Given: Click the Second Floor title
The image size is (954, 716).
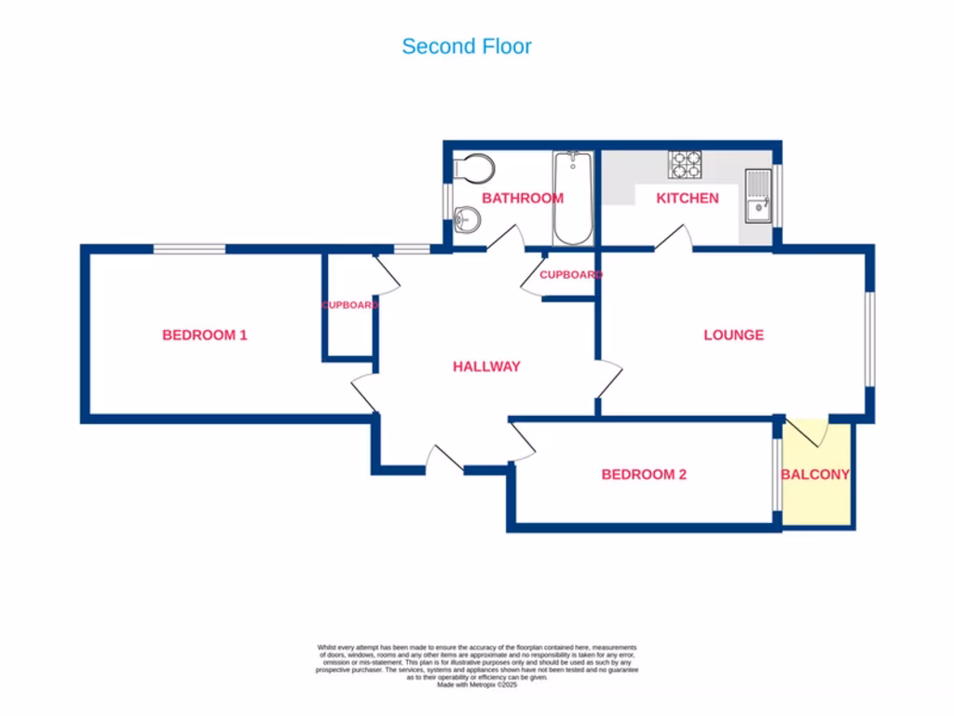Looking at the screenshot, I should tap(467, 46).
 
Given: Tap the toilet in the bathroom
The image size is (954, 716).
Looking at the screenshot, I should tap(474, 169).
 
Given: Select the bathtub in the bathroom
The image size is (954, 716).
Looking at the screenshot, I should tap(573, 197).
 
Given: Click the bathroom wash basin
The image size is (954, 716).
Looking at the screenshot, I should tap(468, 221).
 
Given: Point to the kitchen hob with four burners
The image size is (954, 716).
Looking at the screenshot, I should tap(686, 164).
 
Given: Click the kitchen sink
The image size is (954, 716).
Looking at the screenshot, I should tap(758, 196).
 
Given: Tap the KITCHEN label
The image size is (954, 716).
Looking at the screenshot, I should tap(688, 198).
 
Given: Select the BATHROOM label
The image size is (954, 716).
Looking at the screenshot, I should tap(522, 198).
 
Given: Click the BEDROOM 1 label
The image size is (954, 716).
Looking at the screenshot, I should tap(204, 335).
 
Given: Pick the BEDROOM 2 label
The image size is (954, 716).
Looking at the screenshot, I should tap(644, 475).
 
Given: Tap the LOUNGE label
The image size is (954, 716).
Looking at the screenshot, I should tap(733, 335).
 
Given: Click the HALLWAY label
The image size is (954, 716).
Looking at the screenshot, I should tap(486, 366).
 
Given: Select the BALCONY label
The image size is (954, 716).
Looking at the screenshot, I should tap(815, 475).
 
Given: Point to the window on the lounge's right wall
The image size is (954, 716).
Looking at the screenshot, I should tap(868, 337).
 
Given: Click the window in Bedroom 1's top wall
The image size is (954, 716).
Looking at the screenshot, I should tap(189, 249).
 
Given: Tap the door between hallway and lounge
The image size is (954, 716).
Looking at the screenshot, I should tap(608, 380).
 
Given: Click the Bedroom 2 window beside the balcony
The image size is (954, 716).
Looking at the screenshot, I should tap(776, 474).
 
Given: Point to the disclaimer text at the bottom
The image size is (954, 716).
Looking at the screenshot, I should tap(477, 664).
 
